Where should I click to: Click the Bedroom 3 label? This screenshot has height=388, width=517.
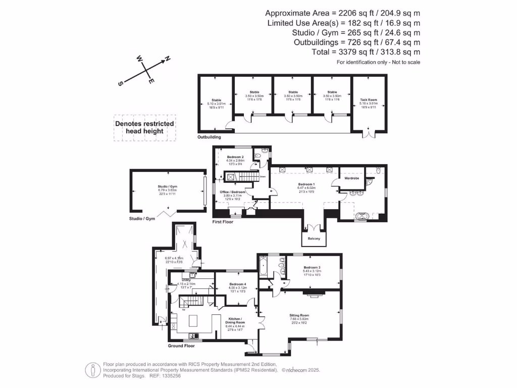pyautogui.click(x=312, y=267)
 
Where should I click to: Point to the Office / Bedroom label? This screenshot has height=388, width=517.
pyautogui.click(x=233, y=192)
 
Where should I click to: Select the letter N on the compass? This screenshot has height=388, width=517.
pyautogui.click(x=168, y=59)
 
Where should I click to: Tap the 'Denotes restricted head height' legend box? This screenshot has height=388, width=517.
pyautogui.click(x=144, y=127)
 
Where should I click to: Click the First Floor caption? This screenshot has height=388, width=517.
pyautogui.click(x=224, y=222)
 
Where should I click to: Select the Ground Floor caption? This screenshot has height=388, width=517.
pyautogui.click(x=181, y=346)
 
